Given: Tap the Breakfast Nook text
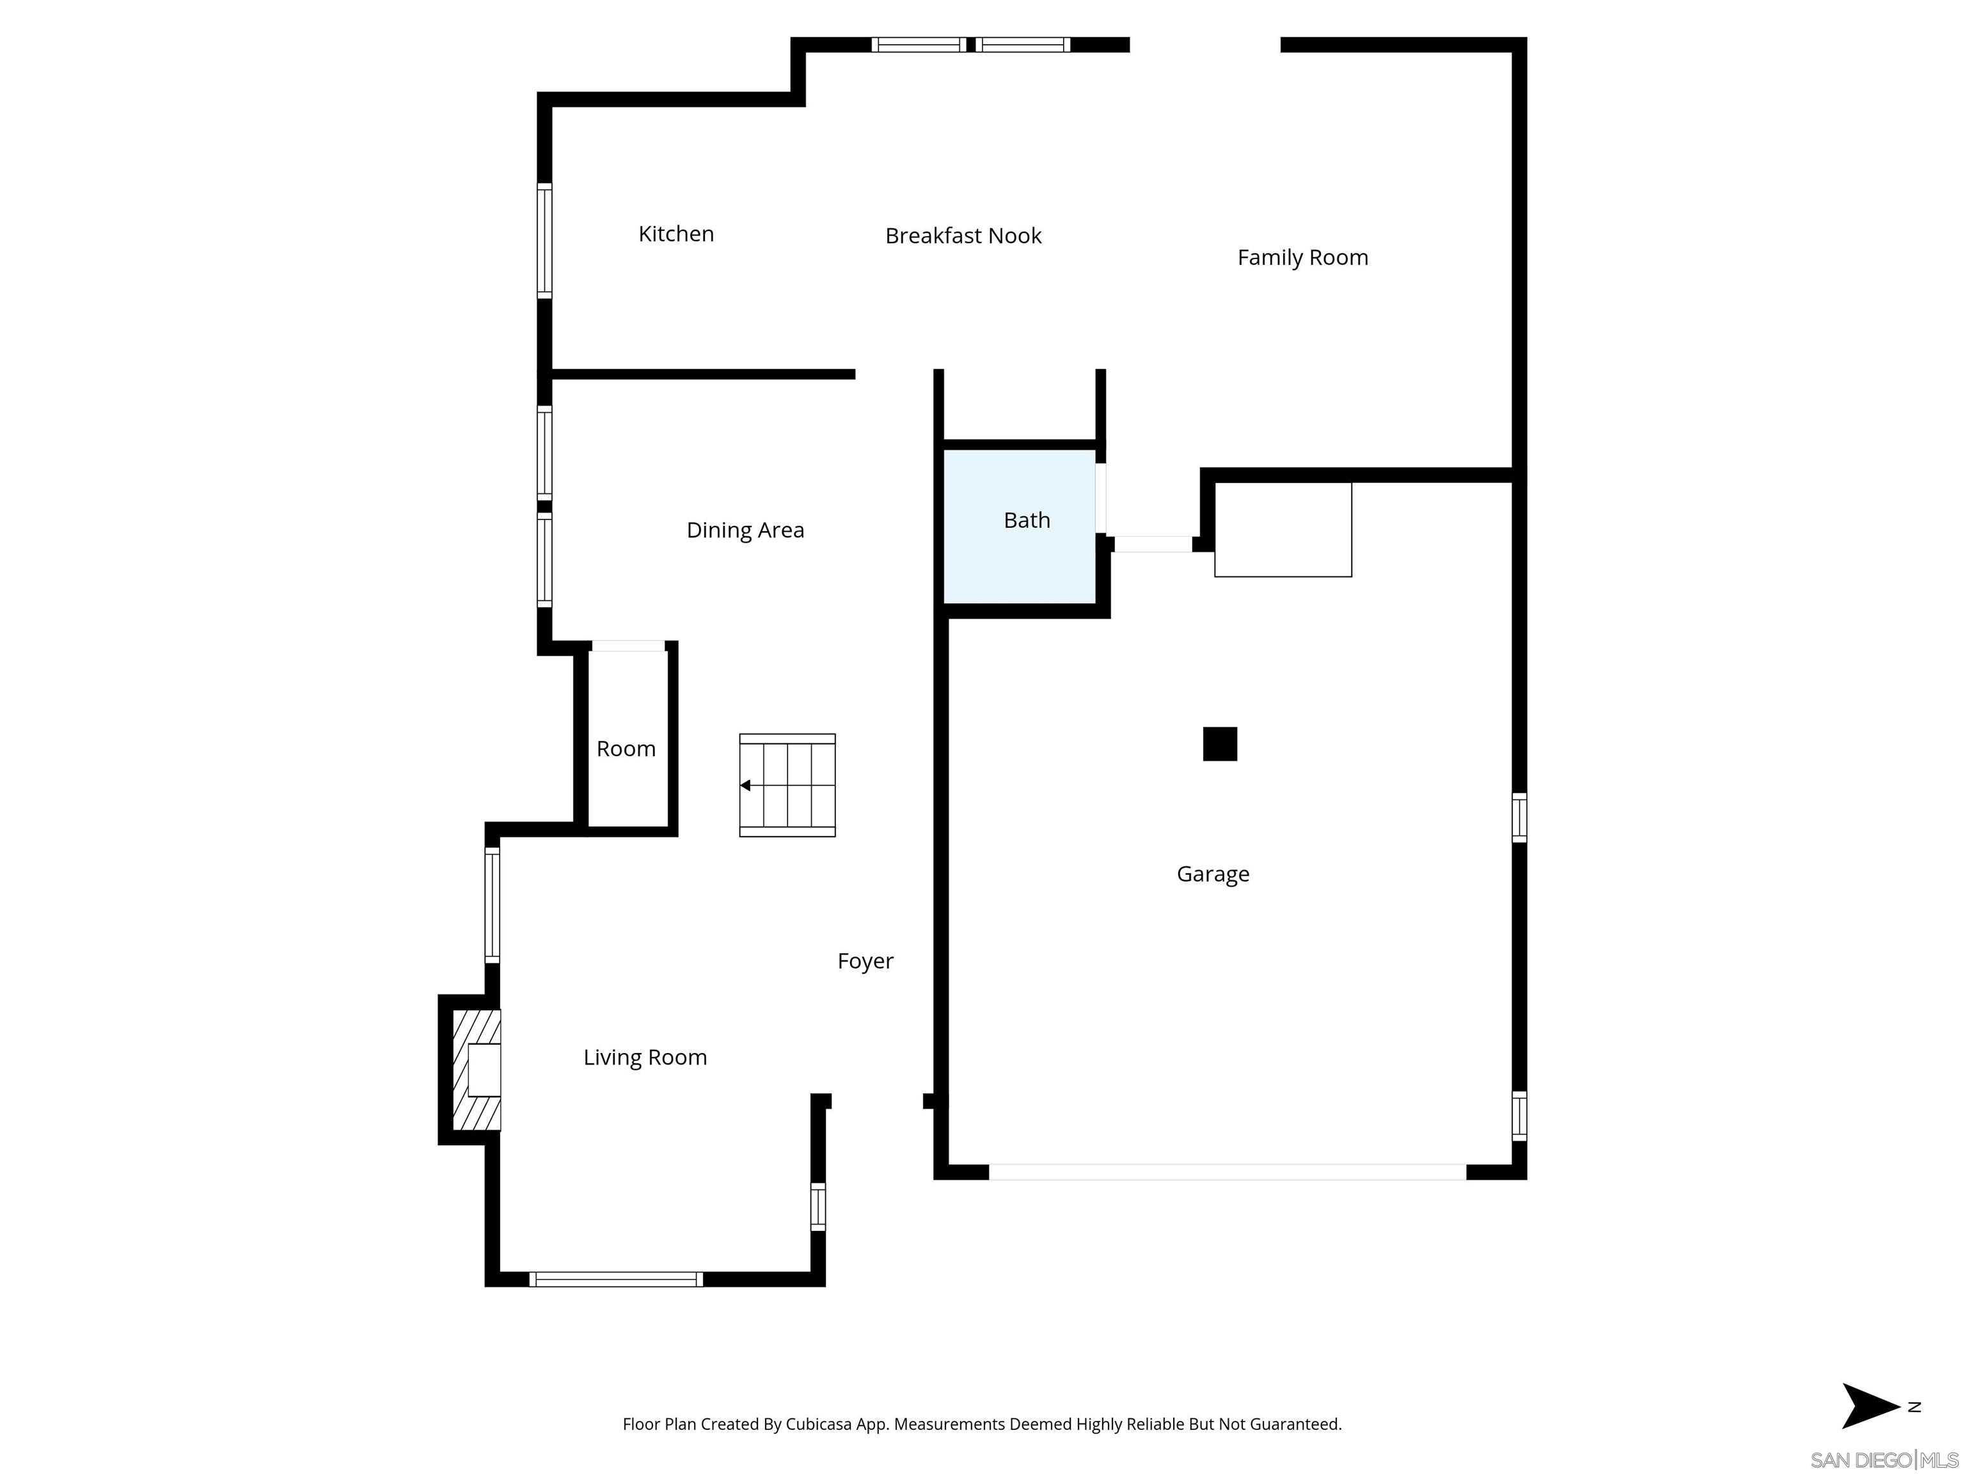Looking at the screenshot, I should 963,235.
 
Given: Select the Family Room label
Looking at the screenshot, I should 1302,258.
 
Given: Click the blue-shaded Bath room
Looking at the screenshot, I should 1019,551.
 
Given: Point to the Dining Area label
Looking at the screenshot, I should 745,530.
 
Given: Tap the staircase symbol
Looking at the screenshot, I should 787,786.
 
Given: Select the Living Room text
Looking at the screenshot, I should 645,1058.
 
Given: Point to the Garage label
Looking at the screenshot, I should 1213,875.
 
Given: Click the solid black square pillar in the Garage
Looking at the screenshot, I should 1220,743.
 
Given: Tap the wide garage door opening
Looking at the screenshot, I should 1226,1172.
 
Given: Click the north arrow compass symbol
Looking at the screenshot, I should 1869,1406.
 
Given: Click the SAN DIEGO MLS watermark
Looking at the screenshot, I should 1883,1460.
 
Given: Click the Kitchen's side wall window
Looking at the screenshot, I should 544,241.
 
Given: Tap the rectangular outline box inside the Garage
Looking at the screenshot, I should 1282,530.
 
